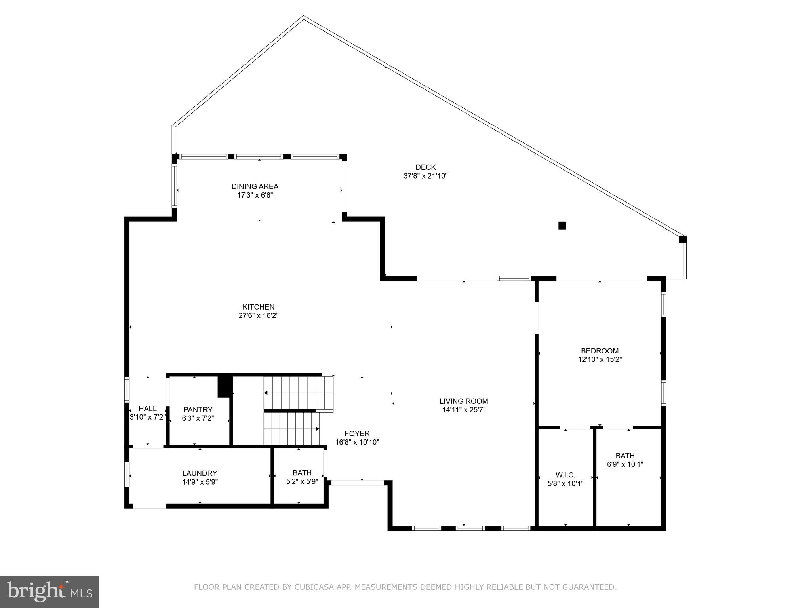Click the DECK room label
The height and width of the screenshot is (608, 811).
click(x=425, y=167)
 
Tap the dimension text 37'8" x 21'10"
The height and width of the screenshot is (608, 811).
click(x=425, y=176)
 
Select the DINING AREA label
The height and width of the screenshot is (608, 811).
click(x=255, y=186)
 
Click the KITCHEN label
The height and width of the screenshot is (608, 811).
click(x=258, y=307)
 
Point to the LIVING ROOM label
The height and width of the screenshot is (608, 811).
click(x=463, y=401)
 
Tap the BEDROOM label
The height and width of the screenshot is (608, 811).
click(x=599, y=351)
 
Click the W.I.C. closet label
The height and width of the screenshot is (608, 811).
click(x=565, y=475)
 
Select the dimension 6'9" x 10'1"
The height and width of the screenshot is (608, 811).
click(x=624, y=464)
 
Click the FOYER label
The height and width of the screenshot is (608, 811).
click(x=357, y=433)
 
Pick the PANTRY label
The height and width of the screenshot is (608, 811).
click(x=198, y=409)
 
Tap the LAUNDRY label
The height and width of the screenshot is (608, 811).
click(x=200, y=473)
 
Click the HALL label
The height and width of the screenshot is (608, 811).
click(x=147, y=408)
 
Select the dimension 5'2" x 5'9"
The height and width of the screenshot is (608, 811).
click(x=302, y=482)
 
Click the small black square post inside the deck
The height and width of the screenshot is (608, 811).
click(x=562, y=226)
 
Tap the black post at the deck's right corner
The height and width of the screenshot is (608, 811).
click(x=682, y=239)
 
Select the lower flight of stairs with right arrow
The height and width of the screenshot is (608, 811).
click(x=292, y=429)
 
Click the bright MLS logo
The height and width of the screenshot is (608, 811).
click(x=49, y=592)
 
